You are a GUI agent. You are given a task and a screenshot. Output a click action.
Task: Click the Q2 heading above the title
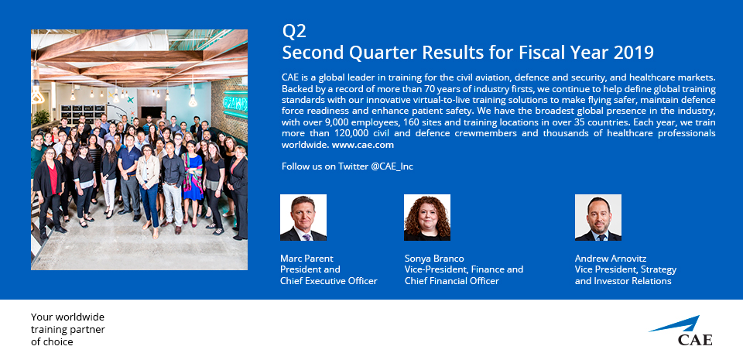pos(294,31)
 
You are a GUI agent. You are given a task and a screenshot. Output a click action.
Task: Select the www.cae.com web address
pos(362,145)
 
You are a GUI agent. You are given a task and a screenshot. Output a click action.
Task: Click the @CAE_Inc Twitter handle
pos(392,166)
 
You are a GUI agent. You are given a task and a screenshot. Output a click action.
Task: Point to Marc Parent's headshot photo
pos(303,218)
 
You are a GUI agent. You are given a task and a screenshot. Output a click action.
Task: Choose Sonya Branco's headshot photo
pos(427,218)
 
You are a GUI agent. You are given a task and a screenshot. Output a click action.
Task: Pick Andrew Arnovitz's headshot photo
pos(598,218)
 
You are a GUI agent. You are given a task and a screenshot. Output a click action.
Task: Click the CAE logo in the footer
pos(682,331)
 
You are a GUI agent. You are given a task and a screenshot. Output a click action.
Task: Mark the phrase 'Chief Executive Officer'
pos(328,281)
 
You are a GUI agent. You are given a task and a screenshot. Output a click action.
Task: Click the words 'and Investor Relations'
pos(623,281)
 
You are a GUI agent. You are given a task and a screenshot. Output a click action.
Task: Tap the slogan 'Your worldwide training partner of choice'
pos(68,329)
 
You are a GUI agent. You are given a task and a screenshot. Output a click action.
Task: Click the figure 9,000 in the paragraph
pos(340,122)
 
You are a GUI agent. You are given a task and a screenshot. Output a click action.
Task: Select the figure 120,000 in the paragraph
pos(353,134)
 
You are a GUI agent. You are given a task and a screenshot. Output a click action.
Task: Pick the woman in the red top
pos(50,190)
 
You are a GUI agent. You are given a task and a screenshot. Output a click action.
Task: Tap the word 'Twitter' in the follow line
pos(354,166)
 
